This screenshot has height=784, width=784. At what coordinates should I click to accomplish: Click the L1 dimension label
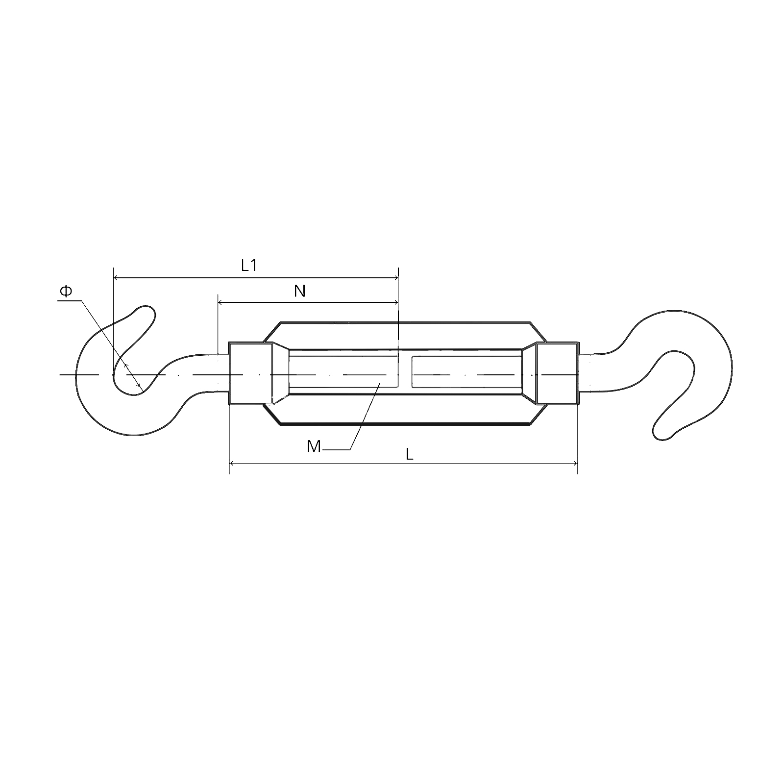coord(249,266)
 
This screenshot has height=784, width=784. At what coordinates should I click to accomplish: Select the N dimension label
coord(300,291)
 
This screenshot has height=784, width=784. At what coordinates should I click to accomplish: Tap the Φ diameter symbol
coord(66,292)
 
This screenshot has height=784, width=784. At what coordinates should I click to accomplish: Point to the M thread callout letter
coord(314,446)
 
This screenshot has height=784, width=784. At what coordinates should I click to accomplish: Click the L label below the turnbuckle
coord(410,454)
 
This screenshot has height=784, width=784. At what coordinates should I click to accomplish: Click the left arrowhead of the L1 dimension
coord(117,278)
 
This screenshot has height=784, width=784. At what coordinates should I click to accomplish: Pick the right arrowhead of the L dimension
coord(574,463)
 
